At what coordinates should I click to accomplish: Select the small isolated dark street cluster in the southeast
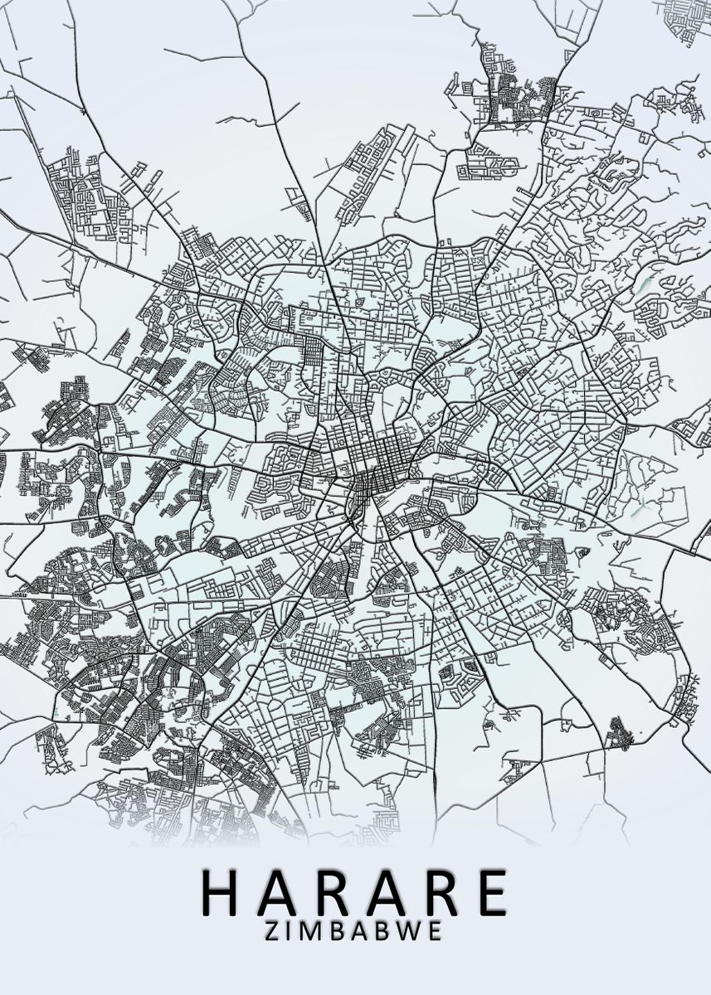618,732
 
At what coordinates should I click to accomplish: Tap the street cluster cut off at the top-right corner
684,12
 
